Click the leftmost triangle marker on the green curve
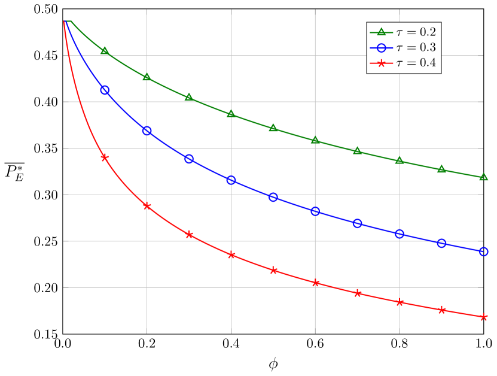tap(105, 51)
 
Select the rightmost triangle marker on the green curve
tap(483, 177)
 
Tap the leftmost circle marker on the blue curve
tap(105, 90)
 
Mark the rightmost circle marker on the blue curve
tap(483, 251)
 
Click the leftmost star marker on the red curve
tap(105, 157)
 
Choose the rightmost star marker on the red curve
tap(483, 317)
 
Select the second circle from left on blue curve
tap(147, 131)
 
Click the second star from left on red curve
tap(147, 206)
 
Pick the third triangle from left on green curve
tap(189, 97)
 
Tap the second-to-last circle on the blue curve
tap(441, 243)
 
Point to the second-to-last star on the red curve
tap(441, 310)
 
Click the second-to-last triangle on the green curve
tap(441, 169)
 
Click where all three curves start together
tap(63, 20)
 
